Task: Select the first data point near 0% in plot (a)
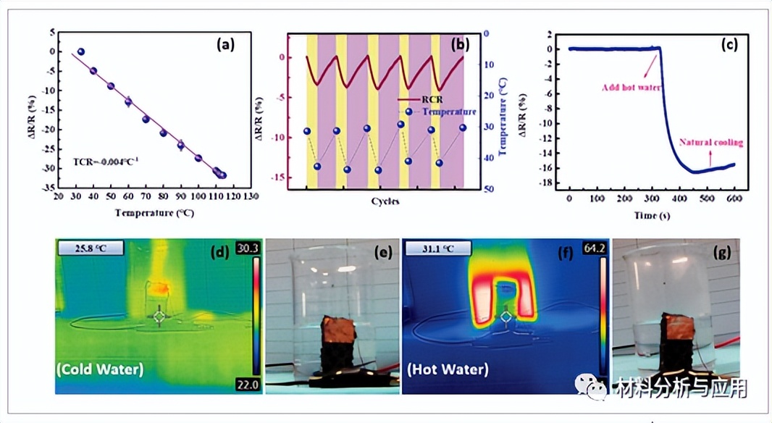coord(81,52)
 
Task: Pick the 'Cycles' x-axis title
coord(385,201)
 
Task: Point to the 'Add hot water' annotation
coord(629,87)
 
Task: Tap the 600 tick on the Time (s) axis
coord(735,198)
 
